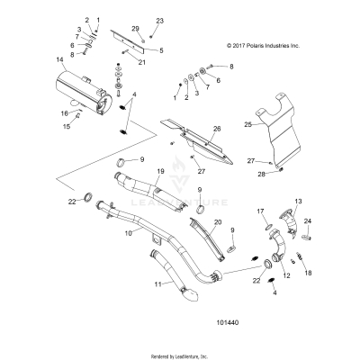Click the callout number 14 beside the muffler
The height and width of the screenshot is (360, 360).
pyautogui.click(x=59, y=60)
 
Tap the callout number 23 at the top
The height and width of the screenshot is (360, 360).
pyautogui.click(x=160, y=20)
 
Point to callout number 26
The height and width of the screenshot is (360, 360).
pyautogui.click(x=216, y=129)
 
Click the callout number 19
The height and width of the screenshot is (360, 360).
pyautogui.click(x=160, y=171)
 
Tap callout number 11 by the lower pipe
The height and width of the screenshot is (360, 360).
pyautogui.click(x=159, y=283)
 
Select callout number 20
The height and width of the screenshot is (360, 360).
pyautogui.click(x=217, y=221)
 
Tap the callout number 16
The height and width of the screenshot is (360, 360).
pyautogui.click(x=64, y=113)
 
